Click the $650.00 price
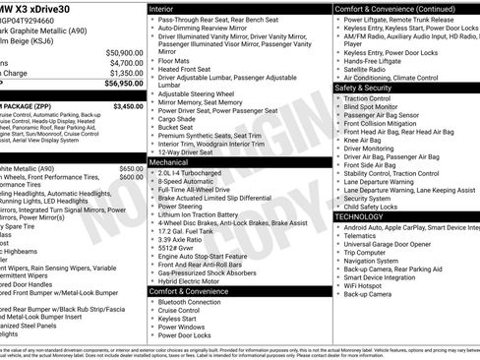pyautogui.click(x=131, y=169)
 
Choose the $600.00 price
pyautogui.click(x=131, y=179)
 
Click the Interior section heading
pyautogui.click(x=163, y=8)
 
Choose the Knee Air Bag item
pyautogui.click(x=369, y=141)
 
